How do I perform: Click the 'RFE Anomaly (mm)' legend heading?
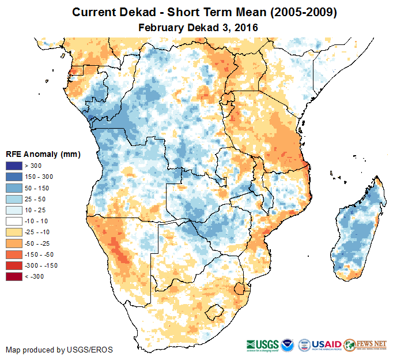tap(43, 155)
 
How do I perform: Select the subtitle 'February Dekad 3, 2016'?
tap(198, 27)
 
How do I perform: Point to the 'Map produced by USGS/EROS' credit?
tap(59, 350)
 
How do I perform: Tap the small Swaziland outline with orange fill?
tap(239, 288)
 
